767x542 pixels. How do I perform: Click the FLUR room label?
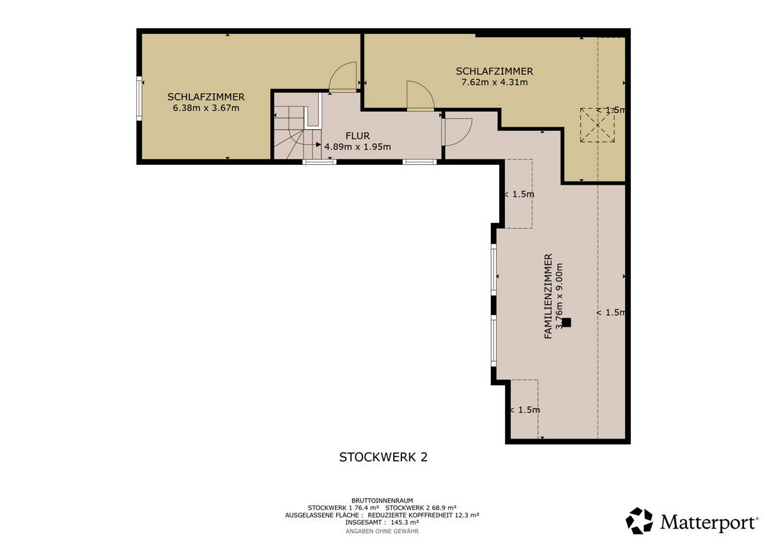357,136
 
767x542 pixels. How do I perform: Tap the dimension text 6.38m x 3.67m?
206,108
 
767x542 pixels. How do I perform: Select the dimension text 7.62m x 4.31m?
495,82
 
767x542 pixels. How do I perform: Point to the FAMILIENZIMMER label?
548,296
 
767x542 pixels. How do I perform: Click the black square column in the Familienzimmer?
567,323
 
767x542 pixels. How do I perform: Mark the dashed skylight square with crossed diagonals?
598,125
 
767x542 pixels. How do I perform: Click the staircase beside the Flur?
297,133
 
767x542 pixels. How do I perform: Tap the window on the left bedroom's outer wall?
139,98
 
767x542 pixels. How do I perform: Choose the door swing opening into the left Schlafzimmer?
343,77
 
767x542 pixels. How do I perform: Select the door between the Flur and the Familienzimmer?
458,132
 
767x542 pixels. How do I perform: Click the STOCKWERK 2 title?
383,457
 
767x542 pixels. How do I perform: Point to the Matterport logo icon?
639,520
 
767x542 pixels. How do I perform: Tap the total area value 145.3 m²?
405,522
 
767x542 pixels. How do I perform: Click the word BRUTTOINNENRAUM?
382,500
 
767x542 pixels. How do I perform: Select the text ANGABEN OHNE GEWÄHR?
382,531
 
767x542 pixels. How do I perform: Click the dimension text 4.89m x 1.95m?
357,147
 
